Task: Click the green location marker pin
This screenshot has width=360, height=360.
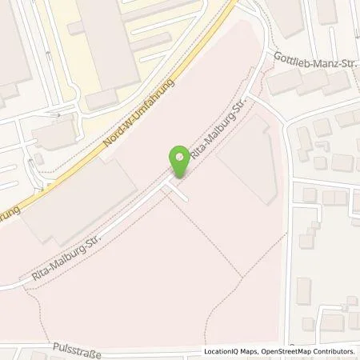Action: point(180,156)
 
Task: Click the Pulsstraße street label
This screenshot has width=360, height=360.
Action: point(80,326)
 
